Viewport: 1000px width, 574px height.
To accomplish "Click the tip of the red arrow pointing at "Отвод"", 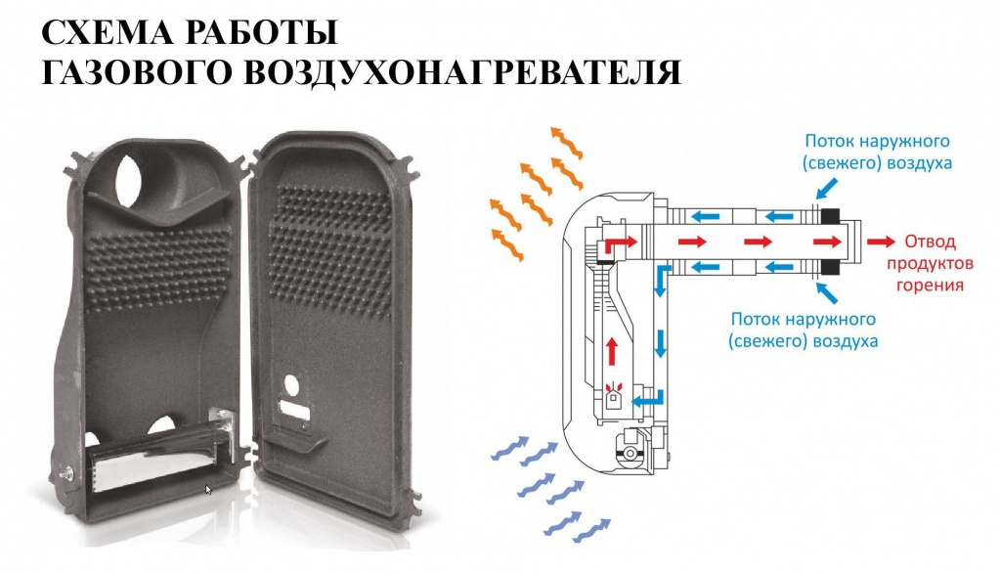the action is pyautogui.click(x=894, y=242).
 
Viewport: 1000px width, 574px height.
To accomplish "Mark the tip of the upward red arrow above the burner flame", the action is pyautogui.click(x=612, y=337).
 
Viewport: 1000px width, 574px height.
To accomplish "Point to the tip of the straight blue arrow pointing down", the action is pyautogui.click(x=661, y=358).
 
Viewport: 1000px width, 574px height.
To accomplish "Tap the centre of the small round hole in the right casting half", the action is pyautogui.click(x=290, y=385).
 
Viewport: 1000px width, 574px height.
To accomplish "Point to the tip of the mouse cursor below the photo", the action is pyautogui.click(x=205, y=485).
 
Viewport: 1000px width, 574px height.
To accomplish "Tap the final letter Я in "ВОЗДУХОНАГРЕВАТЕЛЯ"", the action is pyautogui.click(x=669, y=73).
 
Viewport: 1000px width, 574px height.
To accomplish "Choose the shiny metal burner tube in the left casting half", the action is pyautogui.click(x=156, y=455).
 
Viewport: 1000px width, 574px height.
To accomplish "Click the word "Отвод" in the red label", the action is pyautogui.click(x=931, y=243).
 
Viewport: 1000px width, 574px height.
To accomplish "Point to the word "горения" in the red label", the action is pyautogui.click(x=930, y=286).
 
